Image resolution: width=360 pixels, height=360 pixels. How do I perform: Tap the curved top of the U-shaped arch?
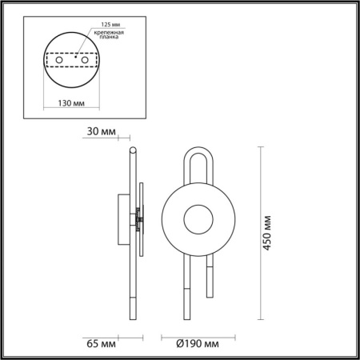point(201,149)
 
